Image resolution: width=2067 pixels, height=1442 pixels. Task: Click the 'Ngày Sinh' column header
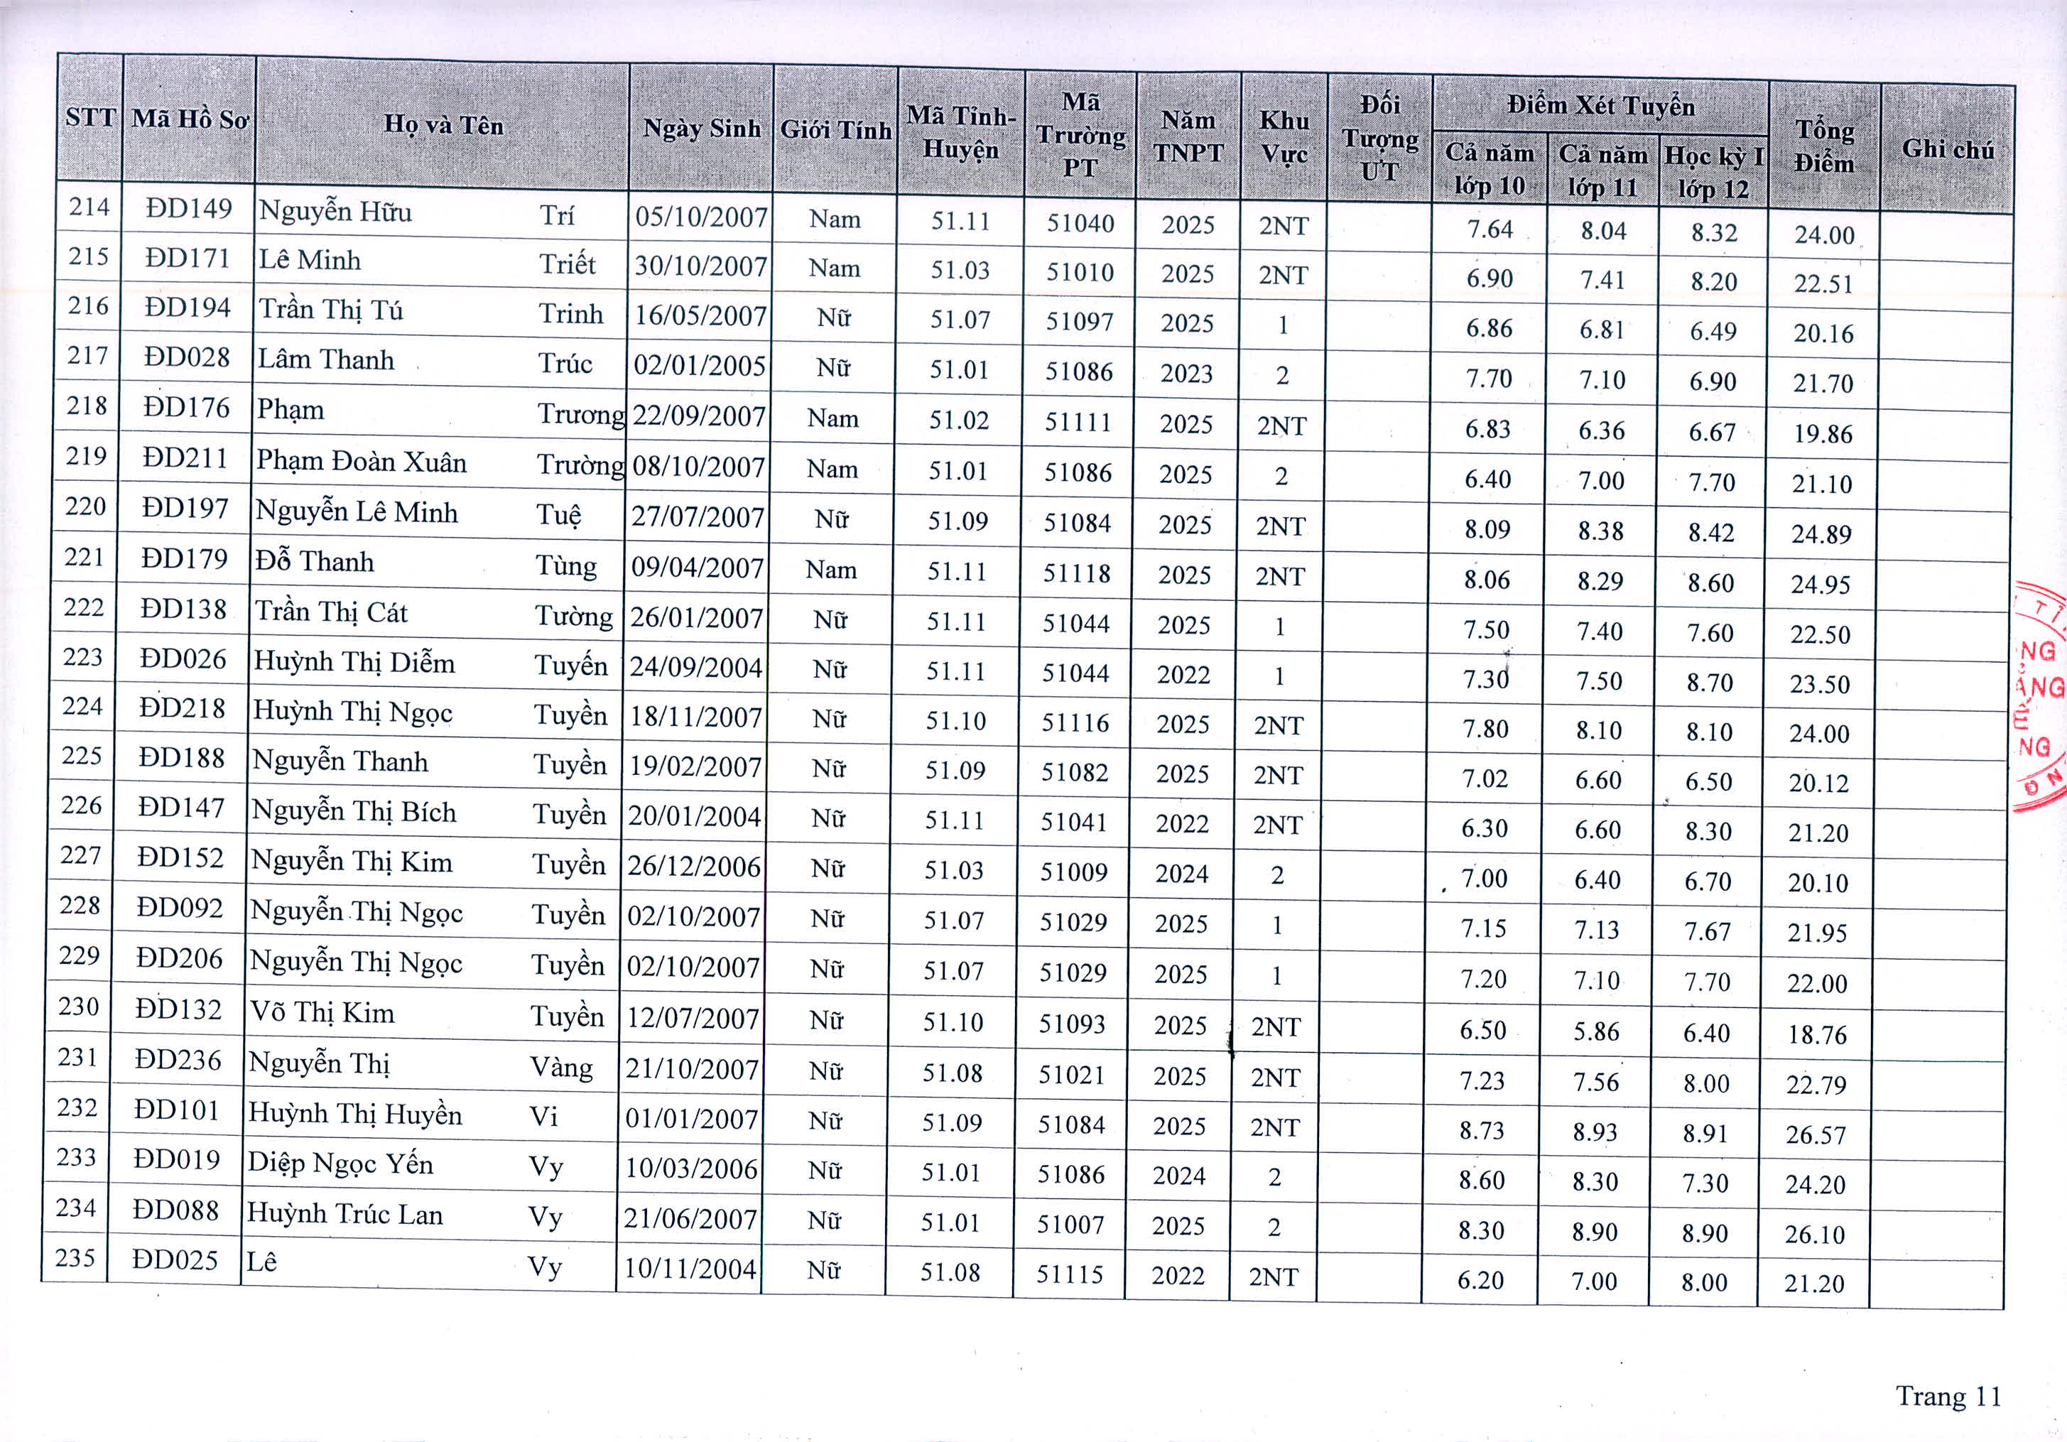point(701,129)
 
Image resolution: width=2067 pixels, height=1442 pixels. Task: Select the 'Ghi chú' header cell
point(1947,149)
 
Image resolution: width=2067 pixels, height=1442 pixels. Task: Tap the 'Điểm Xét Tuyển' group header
point(1600,107)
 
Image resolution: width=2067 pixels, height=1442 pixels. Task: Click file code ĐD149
point(189,209)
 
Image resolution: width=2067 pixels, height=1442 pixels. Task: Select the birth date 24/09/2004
point(695,667)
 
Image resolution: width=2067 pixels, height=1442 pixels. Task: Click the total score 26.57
point(1816,1135)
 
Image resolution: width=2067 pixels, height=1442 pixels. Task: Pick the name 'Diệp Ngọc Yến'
point(340,1163)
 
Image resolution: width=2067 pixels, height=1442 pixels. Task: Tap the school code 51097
point(1080,322)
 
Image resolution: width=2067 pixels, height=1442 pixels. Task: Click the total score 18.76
point(1817,1035)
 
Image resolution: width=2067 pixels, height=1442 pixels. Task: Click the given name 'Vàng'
point(561,1068)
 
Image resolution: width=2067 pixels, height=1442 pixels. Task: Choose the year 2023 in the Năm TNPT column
point(1186,374)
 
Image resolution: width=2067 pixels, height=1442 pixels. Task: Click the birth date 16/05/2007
point(700,316)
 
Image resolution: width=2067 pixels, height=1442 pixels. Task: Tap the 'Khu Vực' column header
point(1284,137)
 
